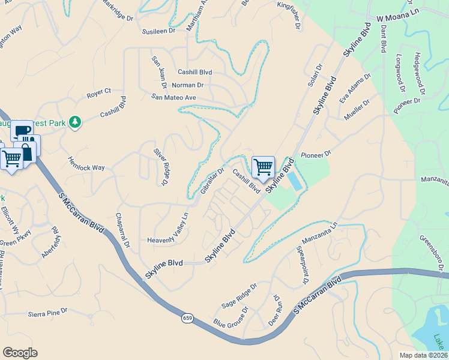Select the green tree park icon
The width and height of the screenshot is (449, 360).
pyautogui.click(x=75, y=122)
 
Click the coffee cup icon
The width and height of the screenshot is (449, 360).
pyautogui.click(x=22, y=131)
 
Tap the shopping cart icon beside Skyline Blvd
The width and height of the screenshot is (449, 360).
pyautogui.click(x=264, y=167)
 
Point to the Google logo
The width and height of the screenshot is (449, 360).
pyautogui.click(x=20, y=353)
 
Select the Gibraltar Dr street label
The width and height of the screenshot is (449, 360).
pyautogui.click(x=212, y=180)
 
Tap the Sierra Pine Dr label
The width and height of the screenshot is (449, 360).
pyautogui.click(x=48, y=313)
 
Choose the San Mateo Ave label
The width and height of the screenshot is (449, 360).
pyautogui.click(x=174, y=97)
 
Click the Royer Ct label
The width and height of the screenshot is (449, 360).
pyautogui.click(x=99, y=92)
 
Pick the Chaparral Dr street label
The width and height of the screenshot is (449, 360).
pyautogui.click(x=122, y=232)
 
